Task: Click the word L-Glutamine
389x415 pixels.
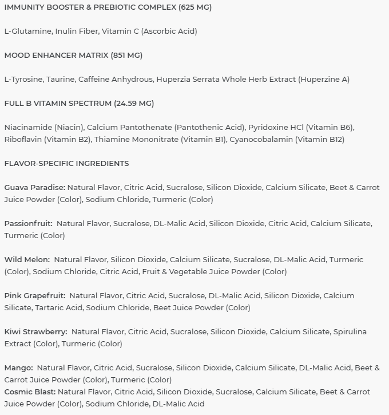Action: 27,31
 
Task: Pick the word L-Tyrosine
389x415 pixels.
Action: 23,80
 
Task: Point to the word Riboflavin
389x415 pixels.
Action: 23,140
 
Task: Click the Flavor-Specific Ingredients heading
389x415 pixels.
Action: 66,164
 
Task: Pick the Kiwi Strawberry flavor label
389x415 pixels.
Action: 35,332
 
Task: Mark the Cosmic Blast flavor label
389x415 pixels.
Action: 30,392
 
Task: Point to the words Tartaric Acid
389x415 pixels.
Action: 59,308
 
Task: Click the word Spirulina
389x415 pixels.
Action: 350,332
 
